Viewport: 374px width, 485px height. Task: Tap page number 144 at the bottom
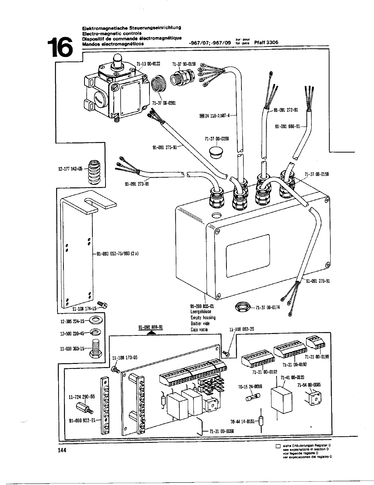pyautogui.click(x=62, y=451)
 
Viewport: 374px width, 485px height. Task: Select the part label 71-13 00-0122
pyautogui.click(x=148, y=64)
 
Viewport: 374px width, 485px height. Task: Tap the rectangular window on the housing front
pyautogui.click(x=247, y=251)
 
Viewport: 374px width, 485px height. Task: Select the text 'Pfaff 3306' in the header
pyautogui.click(x=266, y=43)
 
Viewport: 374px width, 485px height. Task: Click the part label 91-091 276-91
pyautogui.click(x=318, y=281)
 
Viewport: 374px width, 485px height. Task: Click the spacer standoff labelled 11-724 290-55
pyautogui.click(x=83, y=407)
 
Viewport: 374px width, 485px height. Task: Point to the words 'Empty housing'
pyautogui.click(x=203, y=317)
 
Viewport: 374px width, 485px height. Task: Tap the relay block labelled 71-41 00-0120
pyautogui.click(x=281, y=400)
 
